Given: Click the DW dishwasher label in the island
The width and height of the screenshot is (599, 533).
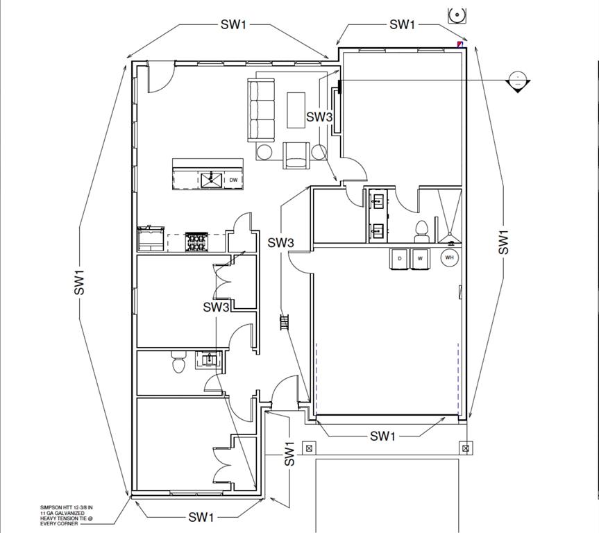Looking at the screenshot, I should [x=233, y=180].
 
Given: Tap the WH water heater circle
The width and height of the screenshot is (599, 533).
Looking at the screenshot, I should [x=449, y=257].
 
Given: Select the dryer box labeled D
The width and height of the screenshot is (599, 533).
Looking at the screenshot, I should [x=400, y=258].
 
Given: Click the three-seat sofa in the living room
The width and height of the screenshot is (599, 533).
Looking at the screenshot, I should [x=262, y=110].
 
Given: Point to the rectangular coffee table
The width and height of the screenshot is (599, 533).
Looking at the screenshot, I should [x=296, y=109].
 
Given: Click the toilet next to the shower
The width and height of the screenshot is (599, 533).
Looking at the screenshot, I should [x=421, y=228].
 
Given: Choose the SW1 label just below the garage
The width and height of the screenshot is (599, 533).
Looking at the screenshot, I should [x=382, y=436].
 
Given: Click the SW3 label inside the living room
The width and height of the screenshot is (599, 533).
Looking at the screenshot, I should [x=319, y=117].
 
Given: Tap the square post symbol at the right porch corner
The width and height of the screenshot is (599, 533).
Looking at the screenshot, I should [x=466, y=447].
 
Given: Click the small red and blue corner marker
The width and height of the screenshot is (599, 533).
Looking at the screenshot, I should [x=459, y=44].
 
